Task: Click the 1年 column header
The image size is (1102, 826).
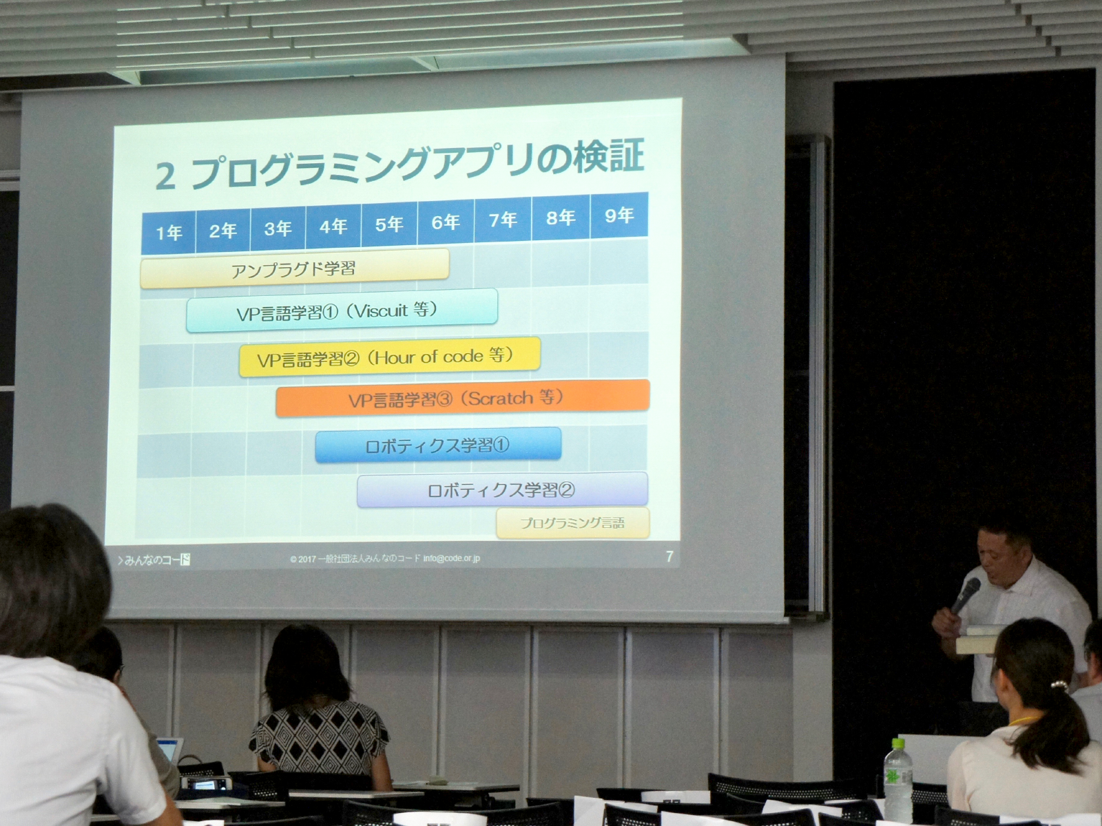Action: [x=169, y=233]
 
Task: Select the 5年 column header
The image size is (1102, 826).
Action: [x=389, y=224]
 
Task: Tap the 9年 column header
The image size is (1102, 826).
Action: [x=619, y=216]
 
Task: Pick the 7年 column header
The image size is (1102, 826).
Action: [x=503, y=220]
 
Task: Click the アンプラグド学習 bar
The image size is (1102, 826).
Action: [x=294, y=268]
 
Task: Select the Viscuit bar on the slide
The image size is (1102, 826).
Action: [x=342, y=311]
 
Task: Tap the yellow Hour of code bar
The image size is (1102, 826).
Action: [x=389, y=357]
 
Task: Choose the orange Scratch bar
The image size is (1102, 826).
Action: [x=462, y=398]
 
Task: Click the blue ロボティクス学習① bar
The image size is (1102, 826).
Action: [x=438, y=445]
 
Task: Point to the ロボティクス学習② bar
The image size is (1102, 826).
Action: [x=502, y=490]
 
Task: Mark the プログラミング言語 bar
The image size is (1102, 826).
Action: [x=572, y=523]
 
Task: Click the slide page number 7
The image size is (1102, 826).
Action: [x=669, y=556]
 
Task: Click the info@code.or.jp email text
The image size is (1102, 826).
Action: [x=452, y=558]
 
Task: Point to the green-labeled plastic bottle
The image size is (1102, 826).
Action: [x=897, y=778]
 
